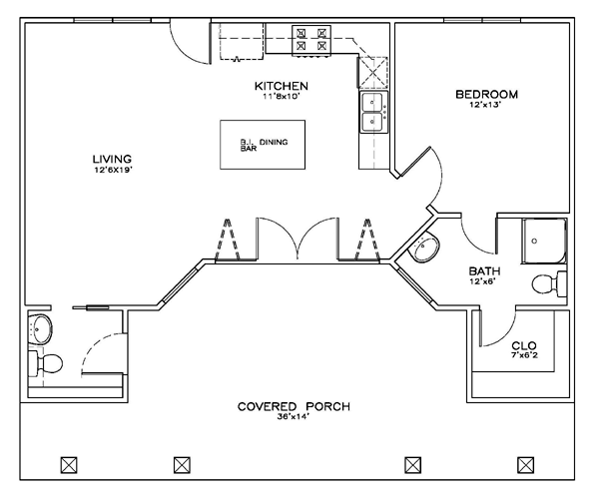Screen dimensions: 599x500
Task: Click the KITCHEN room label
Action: pos(282,86)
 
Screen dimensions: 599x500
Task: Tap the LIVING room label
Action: pos(112,159)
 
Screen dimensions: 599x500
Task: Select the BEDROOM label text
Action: pos(487,94)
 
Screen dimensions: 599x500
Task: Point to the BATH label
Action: pos(484,271)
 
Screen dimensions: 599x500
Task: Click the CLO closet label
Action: pos(524,345)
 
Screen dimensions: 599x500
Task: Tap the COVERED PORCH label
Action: pos(294,406)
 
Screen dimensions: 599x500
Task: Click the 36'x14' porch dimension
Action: pos(293,417)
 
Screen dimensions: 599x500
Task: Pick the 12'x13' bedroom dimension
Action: pos(485,104)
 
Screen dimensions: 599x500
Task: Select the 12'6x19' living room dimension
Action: pos(113,170)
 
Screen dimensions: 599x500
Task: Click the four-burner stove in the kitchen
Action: pos(311,41)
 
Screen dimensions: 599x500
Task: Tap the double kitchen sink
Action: pos(373,112)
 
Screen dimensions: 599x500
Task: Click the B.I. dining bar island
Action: pos(263,145)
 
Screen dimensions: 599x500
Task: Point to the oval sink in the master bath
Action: pos(423,247)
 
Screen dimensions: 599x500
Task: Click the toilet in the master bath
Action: pos(549,283)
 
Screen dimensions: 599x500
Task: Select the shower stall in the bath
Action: pos(544,242)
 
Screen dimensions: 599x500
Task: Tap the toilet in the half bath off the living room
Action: pos(46,363)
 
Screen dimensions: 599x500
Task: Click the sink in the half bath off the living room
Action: pos(40,329)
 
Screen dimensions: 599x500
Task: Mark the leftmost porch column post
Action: pos(69,465)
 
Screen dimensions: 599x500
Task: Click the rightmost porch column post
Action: pos(526,465)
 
